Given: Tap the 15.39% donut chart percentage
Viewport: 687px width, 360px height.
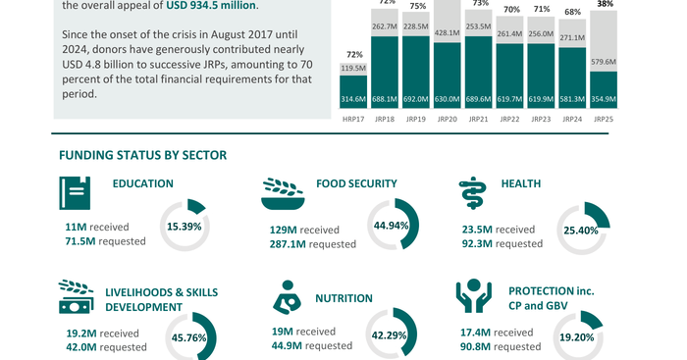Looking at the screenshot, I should pyautogui.click(x=184, y=226).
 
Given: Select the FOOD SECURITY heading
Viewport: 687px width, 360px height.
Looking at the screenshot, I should pyautogui.click(x=356, y=183).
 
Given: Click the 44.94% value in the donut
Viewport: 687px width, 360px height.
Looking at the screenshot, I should pyautogui.click(x=393, y=226).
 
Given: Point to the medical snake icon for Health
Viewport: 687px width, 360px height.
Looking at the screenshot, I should pyautogui.click(x=472, y=195).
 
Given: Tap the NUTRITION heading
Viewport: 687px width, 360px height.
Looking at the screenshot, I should pyautogui.click(x=343, y=298).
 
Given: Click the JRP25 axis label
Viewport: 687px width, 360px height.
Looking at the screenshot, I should pyautogui.click(x=604, y=119).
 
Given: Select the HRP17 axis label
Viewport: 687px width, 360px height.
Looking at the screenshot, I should pyautogui.click(x=353, y=119).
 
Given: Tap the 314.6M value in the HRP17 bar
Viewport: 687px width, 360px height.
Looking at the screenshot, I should pyautogui.click(x=353, y=99).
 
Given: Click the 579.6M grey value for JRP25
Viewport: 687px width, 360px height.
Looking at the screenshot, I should pyautogui.click(x=604, y=62).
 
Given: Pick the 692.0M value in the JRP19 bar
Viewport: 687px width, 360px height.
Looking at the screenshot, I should pyautogui.click(x=416, y=99).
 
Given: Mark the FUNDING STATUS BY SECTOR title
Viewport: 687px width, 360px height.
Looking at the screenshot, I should pyautogui.click(x=142, y=155).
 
